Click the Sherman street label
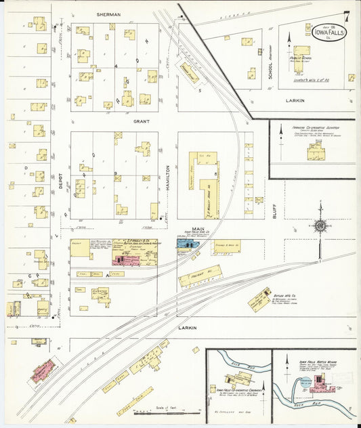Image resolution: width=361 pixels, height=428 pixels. point(108,14)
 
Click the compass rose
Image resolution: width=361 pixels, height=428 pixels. point(320,225)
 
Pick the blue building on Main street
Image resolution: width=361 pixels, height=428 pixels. point(185,242)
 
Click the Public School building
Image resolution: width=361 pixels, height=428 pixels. point(299,54)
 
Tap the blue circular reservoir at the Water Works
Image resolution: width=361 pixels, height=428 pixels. point(305,383)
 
